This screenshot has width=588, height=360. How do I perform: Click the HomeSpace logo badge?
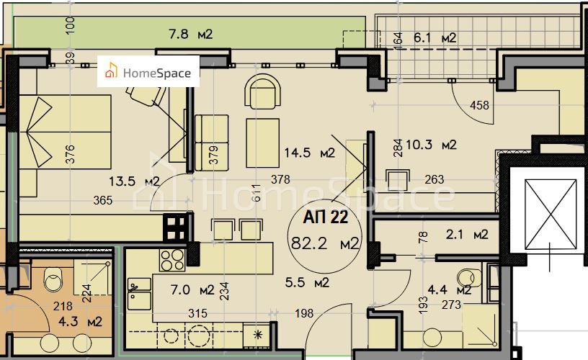pyautogui.click(x=148, y=71)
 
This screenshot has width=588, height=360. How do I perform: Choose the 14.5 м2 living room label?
pyautogui.click(x=309, y=153)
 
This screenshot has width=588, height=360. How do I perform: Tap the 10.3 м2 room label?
pyautogui.click(x=431, y=145)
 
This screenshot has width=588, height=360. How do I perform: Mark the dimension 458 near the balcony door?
pyautogui.click(x=479, y=106)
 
